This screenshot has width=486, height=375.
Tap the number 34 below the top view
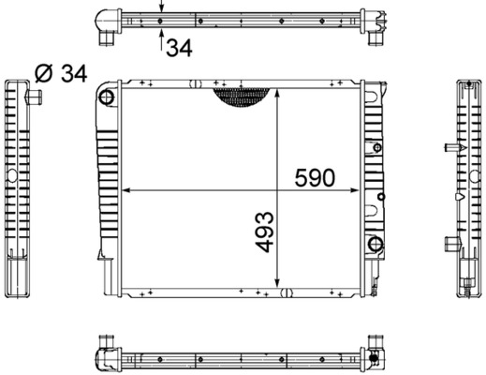180,48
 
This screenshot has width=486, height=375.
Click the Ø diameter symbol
42,73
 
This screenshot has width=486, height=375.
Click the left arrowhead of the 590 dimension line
125,190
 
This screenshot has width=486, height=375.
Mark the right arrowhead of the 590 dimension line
360,190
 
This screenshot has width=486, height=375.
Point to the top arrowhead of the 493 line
278,92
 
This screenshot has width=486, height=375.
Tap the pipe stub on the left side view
37,97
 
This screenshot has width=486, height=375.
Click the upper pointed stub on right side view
449,149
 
